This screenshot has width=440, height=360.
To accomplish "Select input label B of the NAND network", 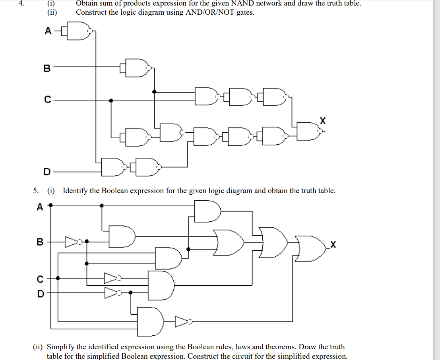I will click(x=47, y=68).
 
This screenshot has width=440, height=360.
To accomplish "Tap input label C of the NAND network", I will click(x=47, y=100).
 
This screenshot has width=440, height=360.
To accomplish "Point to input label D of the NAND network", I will click(x=47, y=172).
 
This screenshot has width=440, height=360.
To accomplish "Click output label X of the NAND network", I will click(x=323, y=119).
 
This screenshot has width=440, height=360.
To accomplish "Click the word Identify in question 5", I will click(x=75, y=191).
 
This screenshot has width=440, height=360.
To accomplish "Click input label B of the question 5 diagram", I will click(x=40, y=241).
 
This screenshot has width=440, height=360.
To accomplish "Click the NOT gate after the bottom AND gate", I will click(x=182, y=321).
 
